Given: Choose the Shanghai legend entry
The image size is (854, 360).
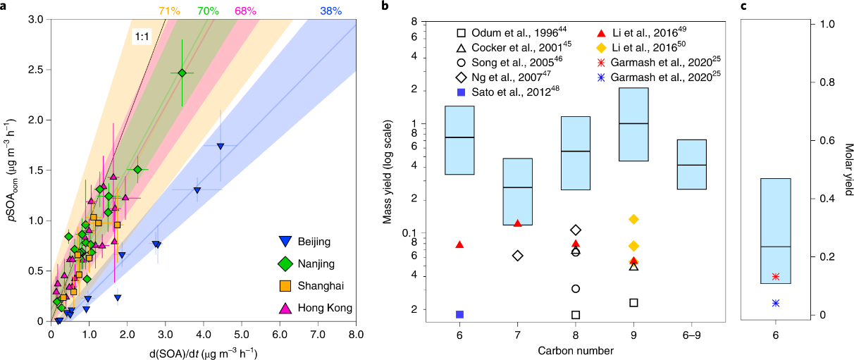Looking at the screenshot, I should point(310,286).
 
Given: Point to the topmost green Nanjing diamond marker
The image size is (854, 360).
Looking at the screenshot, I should point(182,73).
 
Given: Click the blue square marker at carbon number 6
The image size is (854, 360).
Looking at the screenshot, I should point(459,314).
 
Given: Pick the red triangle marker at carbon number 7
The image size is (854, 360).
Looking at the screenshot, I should point(518,223).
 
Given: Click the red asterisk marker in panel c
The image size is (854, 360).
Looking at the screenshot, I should point(776,276).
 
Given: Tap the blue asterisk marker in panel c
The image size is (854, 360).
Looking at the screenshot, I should point(776,303).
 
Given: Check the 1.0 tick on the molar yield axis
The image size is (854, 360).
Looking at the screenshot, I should point(822,24).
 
